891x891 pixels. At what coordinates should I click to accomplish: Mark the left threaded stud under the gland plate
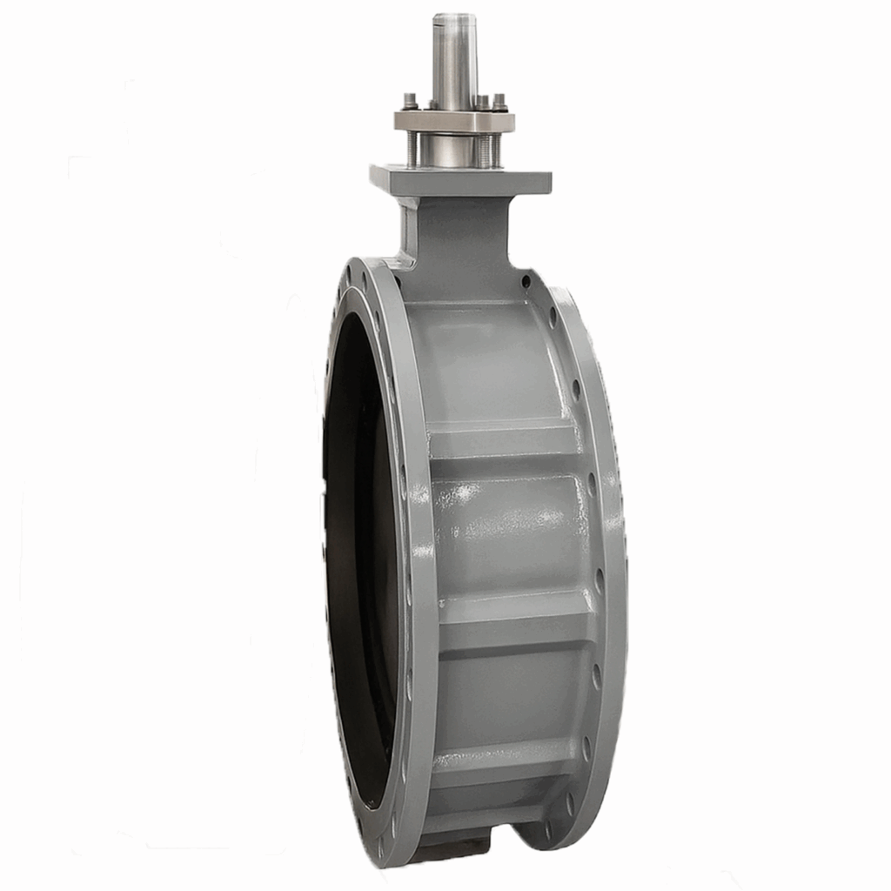[412, 150]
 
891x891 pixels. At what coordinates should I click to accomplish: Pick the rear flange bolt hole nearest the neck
[526, 282]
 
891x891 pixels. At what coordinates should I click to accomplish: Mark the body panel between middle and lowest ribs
[513, 687]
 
